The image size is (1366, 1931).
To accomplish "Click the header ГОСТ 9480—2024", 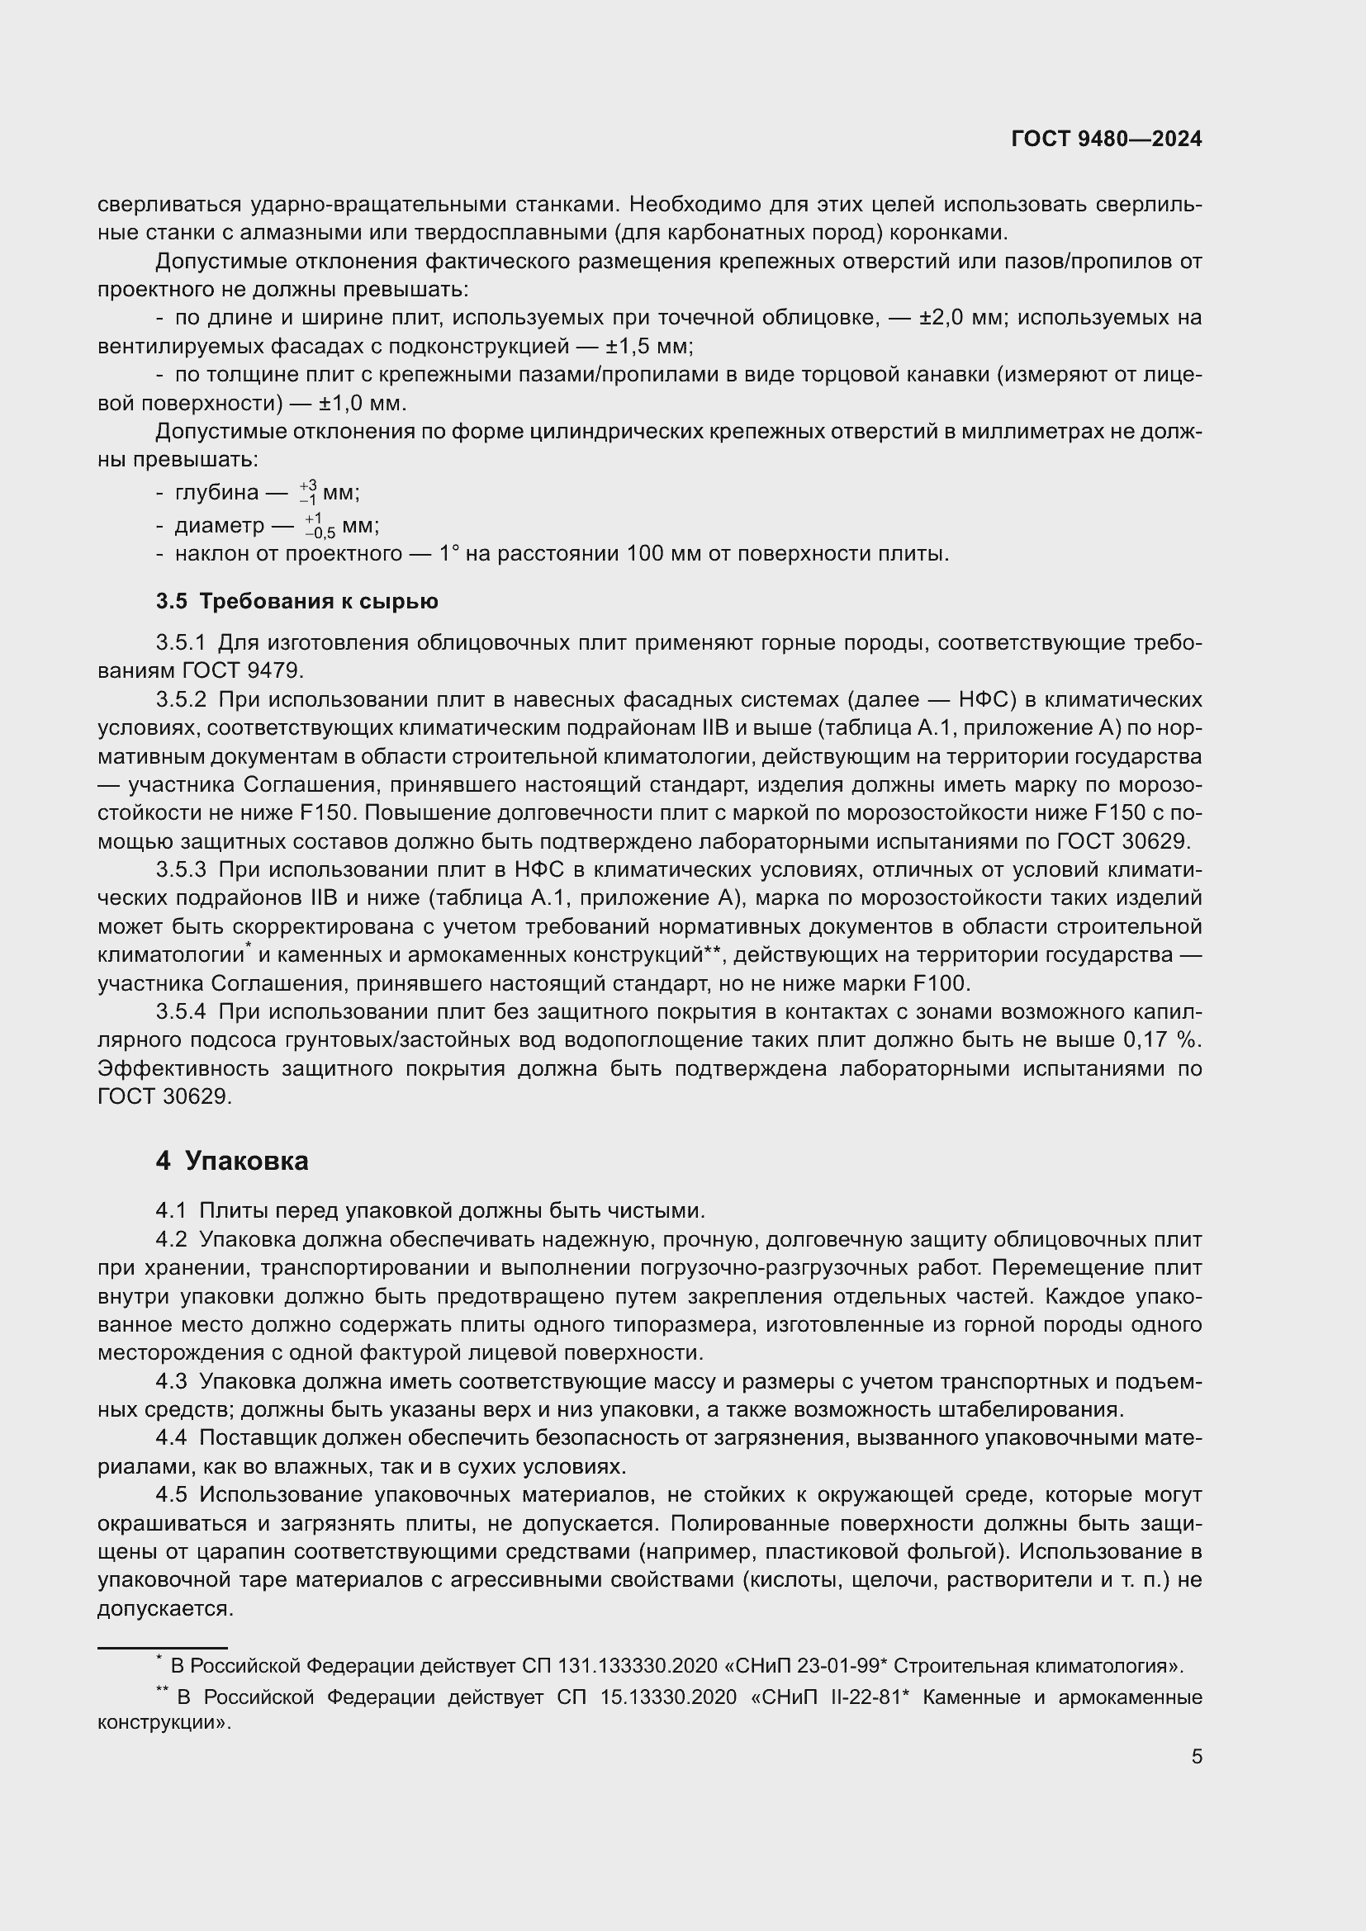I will (1106, 139).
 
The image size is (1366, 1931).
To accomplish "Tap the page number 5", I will (1196, 1756).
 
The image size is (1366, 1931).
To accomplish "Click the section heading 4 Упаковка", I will (232, 1162).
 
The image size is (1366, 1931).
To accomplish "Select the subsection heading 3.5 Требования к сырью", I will (297, 601).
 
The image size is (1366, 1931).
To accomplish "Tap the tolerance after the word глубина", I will (308, 493).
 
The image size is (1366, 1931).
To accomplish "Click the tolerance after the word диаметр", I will (320, 527).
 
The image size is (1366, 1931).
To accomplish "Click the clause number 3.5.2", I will (181, 700).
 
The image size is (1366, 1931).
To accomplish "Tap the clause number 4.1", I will (171, 1211).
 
